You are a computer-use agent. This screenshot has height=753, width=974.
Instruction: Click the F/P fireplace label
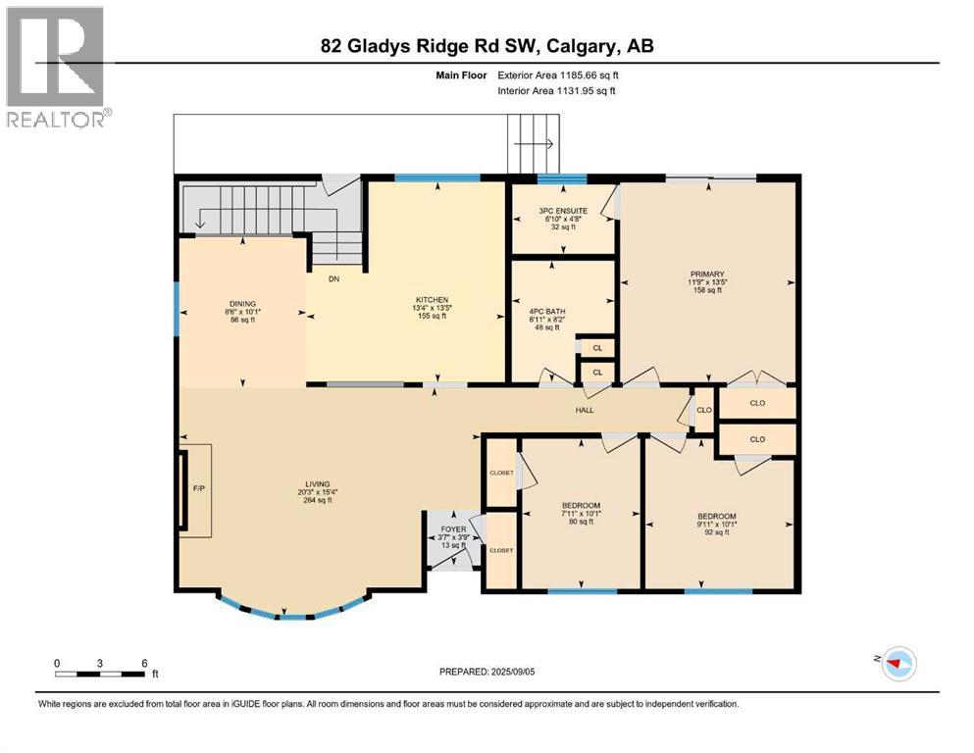point(197,487)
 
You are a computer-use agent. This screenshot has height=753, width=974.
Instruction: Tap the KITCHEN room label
point(432,300)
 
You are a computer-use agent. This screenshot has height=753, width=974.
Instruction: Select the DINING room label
point(242,303)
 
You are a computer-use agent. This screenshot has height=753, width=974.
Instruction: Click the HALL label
point(586,410)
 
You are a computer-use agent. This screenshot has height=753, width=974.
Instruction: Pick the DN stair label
point(333,279)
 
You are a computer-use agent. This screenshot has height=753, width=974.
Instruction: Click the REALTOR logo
point(56,66)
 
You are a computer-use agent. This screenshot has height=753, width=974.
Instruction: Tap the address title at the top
point(487,45)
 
